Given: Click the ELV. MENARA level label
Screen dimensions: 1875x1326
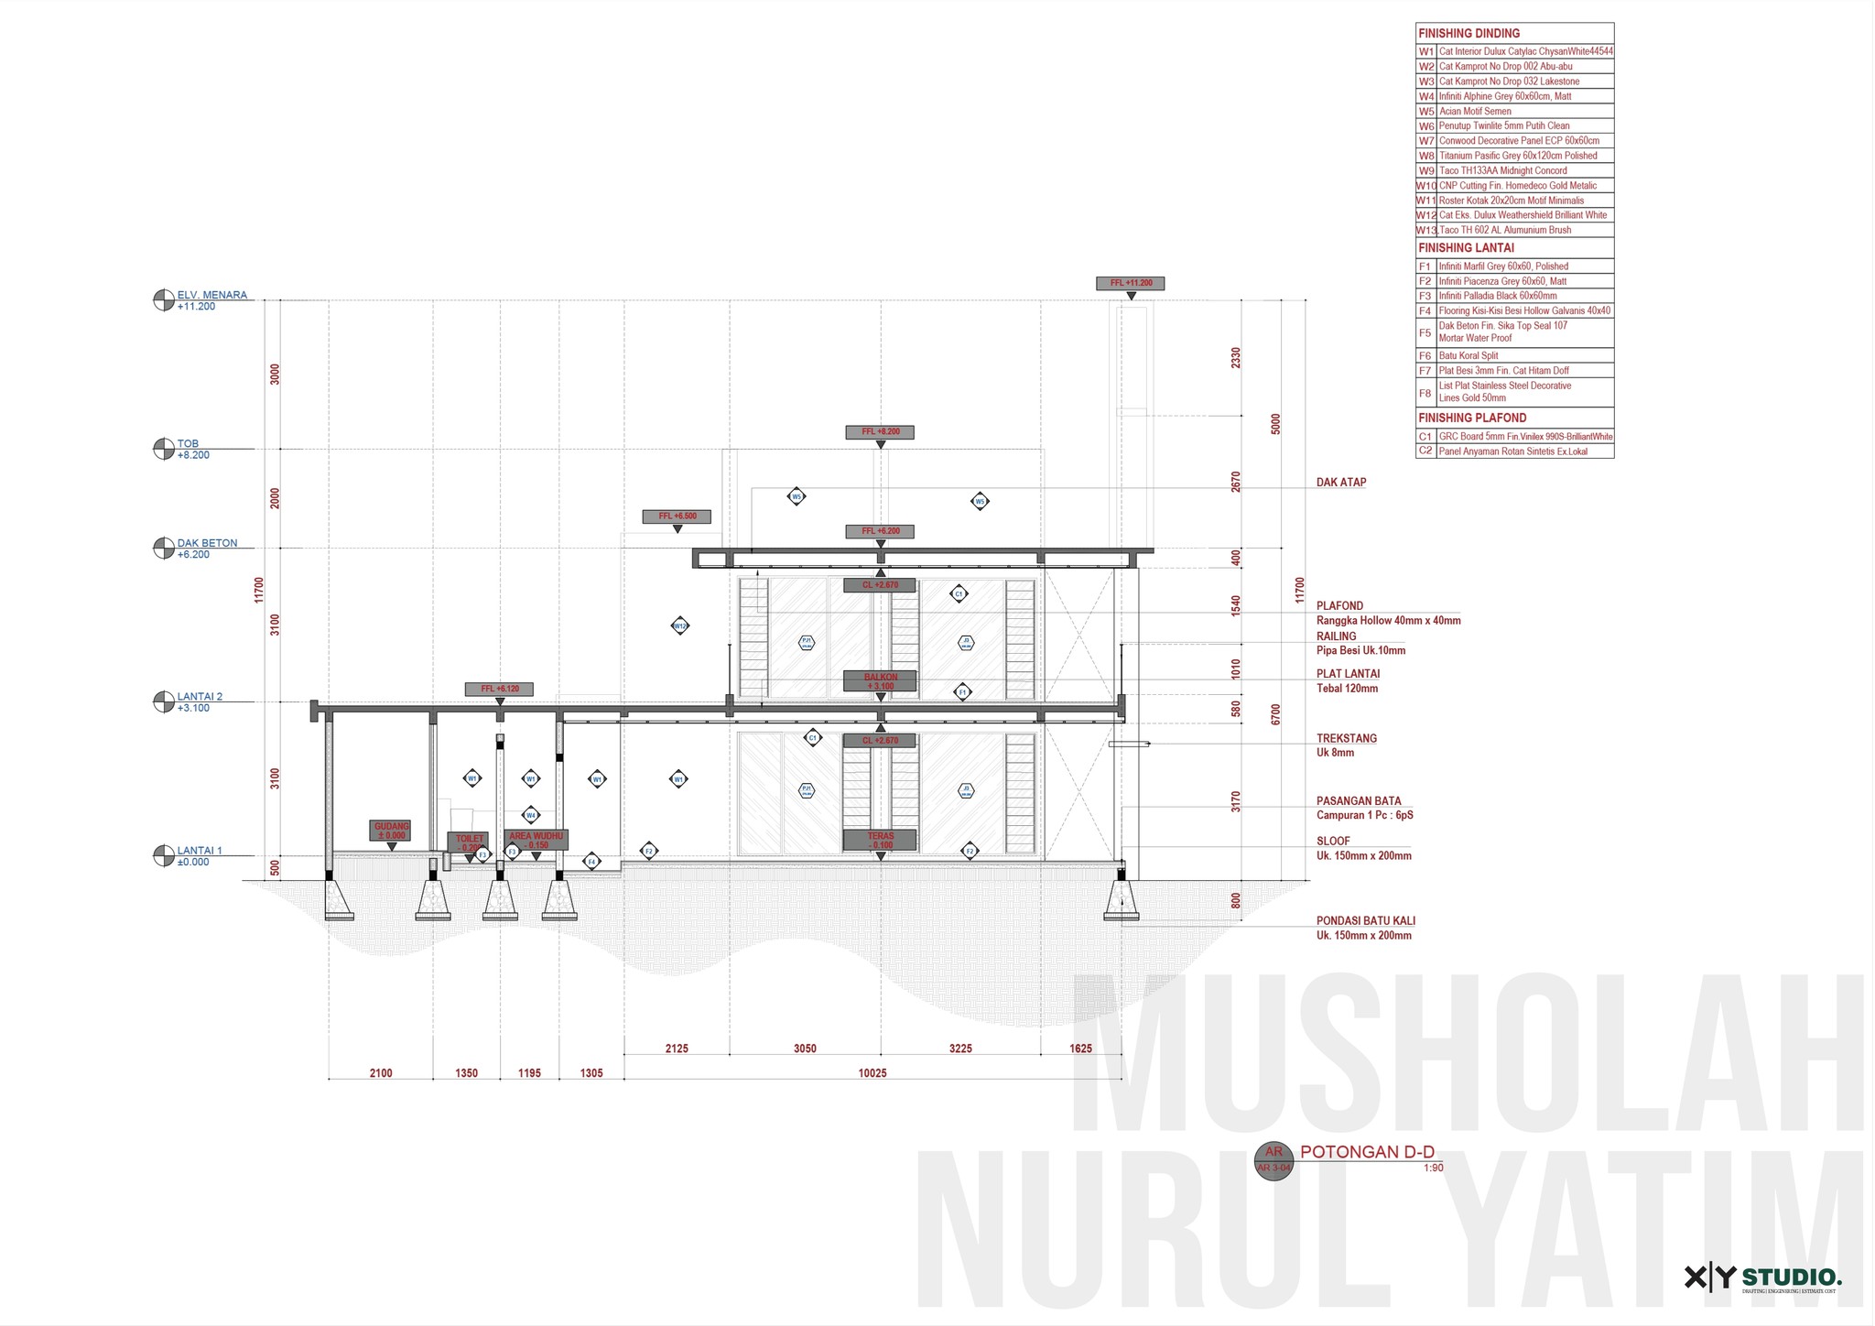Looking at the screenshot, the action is [x=211, y=295].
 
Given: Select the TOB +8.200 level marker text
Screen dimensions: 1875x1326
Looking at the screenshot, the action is [x=193, y=450].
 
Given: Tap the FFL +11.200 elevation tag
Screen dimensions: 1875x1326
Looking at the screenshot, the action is [x=1130, y=284].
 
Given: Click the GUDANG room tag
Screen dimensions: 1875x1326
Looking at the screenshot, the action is [x=391, y=831].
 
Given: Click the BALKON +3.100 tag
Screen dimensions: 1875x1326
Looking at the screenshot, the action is [x=880, y=681].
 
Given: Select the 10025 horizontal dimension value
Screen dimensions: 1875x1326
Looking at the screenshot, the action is [x=872, y=1073].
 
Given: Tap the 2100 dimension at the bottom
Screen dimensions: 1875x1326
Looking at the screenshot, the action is [x=381, y=1073].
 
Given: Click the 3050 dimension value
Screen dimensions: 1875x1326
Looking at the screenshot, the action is [x=805, y=1049].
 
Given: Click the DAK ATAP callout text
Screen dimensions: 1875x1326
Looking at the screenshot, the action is [x=1341, y=483].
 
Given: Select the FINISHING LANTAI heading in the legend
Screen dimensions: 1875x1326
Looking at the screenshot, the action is [x=1466, y=248].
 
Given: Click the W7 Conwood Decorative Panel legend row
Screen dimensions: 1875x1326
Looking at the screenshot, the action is [x=1515, y=141].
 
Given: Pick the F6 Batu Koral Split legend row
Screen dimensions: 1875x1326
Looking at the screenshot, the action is [x=1515, y=355].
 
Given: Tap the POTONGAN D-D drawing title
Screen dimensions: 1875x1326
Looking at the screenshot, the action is [x=1366, y=1152].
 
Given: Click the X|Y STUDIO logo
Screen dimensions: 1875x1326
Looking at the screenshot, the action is [x=1762, y=1277].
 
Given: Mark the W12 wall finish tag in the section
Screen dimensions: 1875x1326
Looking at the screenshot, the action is [x=679, y=626].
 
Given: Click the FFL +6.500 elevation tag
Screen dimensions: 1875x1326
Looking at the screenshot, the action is [x=677, y=516].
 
